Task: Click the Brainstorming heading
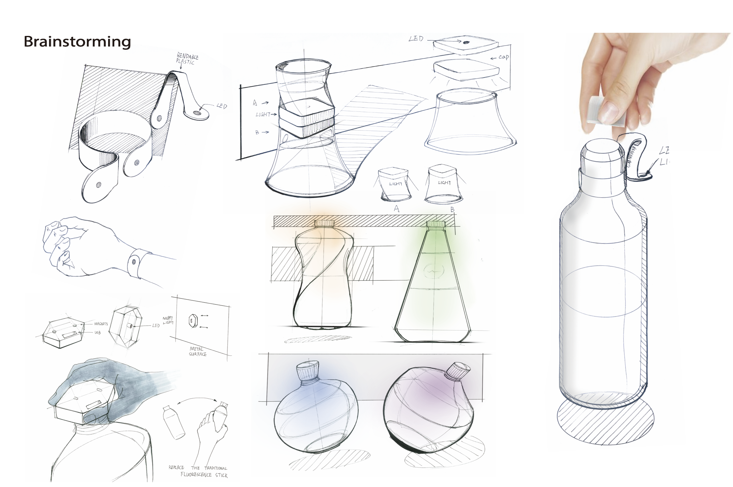77,42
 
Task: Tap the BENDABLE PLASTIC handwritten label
187,59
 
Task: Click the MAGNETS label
101,324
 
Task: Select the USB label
97,332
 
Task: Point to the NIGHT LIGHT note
168,320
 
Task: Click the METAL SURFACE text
197,351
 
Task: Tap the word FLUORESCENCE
196,475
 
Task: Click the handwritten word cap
503,57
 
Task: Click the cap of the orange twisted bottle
324,223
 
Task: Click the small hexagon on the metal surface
192,321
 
